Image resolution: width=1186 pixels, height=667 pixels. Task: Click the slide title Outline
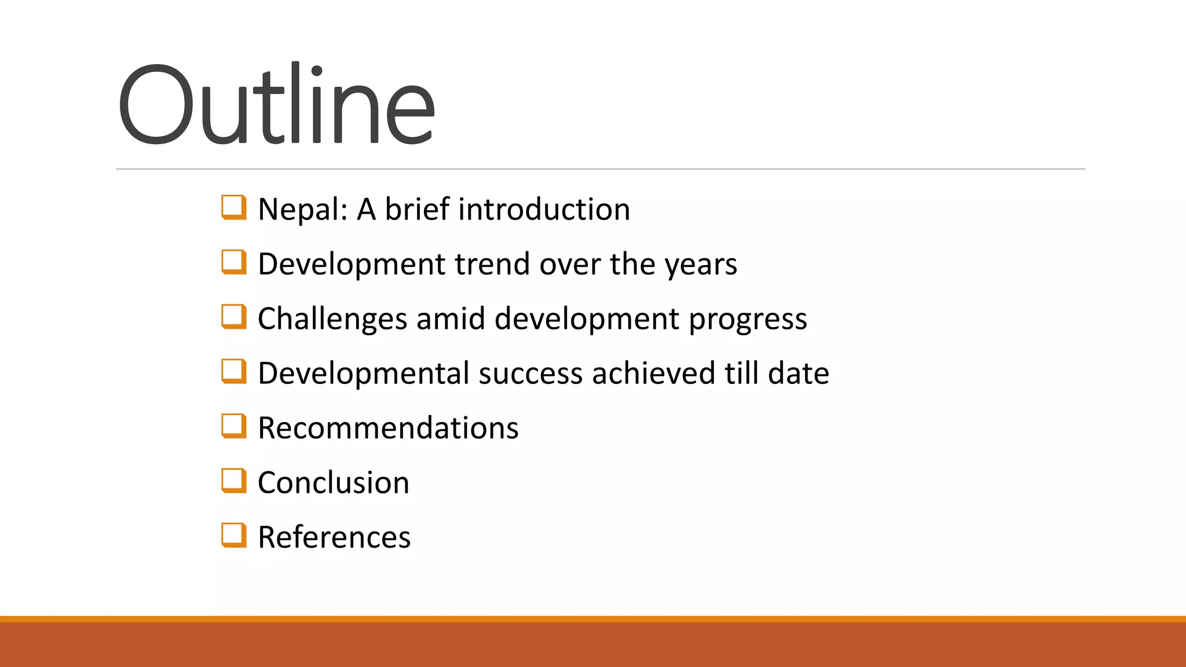coord(276,104)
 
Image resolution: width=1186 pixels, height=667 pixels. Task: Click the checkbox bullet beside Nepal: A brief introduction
coord(233,207)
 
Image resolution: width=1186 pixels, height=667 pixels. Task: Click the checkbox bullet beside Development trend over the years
coord(233,262)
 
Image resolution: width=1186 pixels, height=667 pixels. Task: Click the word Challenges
coord(332,319)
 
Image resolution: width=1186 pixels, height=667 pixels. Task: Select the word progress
coord(748,320)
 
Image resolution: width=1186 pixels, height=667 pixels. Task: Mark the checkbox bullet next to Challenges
coord(233,317)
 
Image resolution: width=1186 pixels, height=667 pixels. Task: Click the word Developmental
coord(364,373)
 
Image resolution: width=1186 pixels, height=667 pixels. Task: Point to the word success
coord(530,373)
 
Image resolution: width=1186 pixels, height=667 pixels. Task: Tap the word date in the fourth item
coord(799,373)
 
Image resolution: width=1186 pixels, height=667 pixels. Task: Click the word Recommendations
coord(388,428)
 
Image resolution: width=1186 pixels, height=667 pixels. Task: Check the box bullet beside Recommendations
coord(233,426)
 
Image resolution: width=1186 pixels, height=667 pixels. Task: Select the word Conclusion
coord(334,483)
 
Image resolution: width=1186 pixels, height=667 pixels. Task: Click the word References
coord(334,537)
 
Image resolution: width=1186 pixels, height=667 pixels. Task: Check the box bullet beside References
coord(233,535)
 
